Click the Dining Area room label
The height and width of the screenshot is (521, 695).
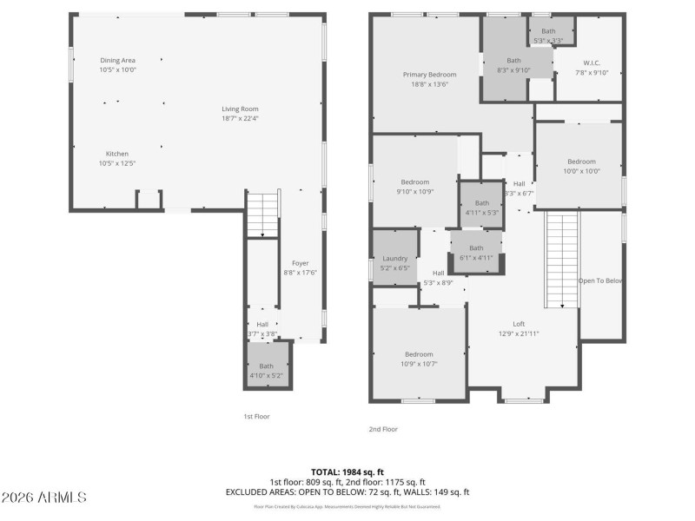117,61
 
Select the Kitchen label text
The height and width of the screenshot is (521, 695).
117,154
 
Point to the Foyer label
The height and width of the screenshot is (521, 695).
300,263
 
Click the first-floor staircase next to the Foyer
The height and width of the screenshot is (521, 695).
261,214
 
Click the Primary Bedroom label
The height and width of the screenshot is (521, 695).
429,75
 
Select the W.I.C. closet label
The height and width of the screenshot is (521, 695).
591,63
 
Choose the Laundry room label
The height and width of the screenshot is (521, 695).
395,259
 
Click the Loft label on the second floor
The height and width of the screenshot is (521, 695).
519,323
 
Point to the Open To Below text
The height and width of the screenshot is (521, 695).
601,281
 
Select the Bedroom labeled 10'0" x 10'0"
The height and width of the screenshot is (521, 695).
581,162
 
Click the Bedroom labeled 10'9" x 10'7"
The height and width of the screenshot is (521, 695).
419,354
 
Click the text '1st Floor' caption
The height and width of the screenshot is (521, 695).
255,417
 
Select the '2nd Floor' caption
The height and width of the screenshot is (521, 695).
383,429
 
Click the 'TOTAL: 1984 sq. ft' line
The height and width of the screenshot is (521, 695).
347,471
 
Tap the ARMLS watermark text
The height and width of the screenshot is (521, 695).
43,498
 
